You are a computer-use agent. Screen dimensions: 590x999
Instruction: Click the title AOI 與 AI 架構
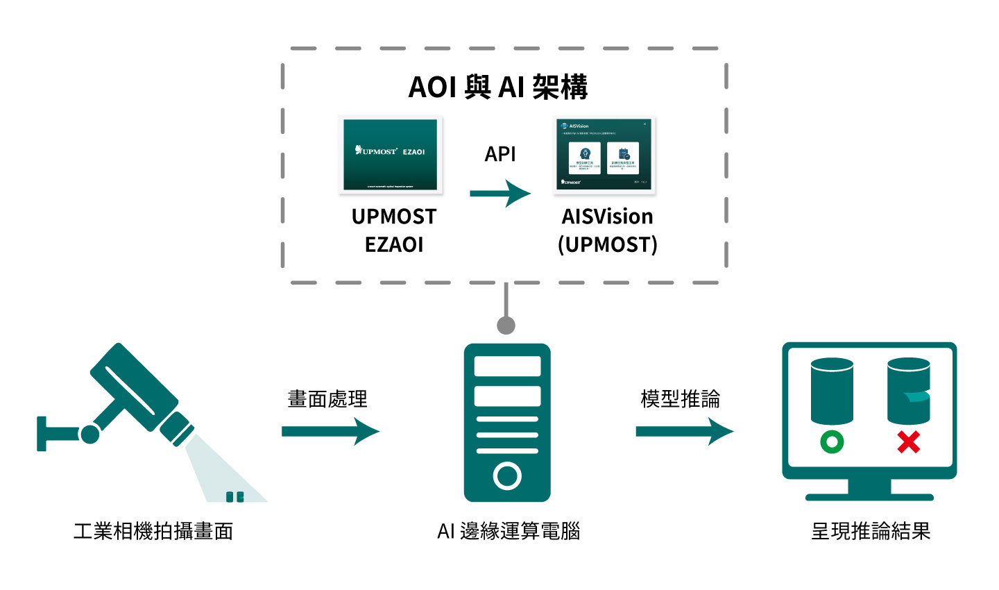pyautogui.click(x=498, y=87)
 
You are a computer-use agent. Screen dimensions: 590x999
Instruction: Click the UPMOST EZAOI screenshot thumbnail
pyautogui.click(x=391, y=154)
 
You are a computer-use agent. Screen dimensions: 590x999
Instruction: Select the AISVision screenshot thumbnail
pyautogui.click(x=604, y=155)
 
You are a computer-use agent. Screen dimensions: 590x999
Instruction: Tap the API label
pyautogui.click(x=500, y=154)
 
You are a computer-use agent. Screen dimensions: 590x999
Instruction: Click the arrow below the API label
pyautogui.click(x=500, y=194)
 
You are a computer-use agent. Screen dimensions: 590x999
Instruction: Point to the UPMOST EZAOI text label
pyautogui.click(x=394, y=230)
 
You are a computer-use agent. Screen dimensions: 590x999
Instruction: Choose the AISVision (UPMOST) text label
pyautogui.click(x=607, y=230)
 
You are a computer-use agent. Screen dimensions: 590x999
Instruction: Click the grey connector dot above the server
pyautogui.click(x=506, y=325)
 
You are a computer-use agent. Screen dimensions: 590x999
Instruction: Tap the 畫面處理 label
pyautogui.click(x=327, y=399)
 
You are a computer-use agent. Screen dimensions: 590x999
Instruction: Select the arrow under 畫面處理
pyautogui.click(x=330, y=432)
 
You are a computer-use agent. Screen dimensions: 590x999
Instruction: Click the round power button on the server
pyautogui.click(x=507, y=476)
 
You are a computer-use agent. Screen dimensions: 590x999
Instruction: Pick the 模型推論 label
pyautogui.click(x=681, y=399)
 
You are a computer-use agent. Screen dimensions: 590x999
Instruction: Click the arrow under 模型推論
pyautogui.click(x=684, y=432)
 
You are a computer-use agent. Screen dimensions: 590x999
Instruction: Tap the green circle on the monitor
pyautogui.click(x=832, y=441)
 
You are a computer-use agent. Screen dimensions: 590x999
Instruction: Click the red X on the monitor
pyautogui.click(x=909, y=441)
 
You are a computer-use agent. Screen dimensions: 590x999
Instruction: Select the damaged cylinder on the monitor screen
pyautogui.click(x=908, y=391)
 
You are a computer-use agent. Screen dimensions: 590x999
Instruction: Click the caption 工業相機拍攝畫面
pyautogui.click(x=153, y=531)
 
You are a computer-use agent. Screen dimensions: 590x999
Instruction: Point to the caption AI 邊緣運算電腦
pyautogui.click(x=509, y=531)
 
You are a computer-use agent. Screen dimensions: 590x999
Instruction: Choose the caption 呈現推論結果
pyautogui.click(x=871, y=531)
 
